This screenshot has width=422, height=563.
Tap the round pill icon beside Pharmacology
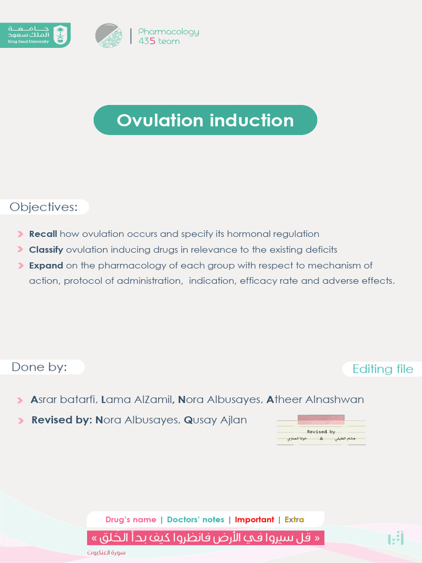click(x=109, y=36)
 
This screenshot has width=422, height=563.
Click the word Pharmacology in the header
click(x=169, y=32)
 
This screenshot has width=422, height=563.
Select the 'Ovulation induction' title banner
click(x=205, y=120)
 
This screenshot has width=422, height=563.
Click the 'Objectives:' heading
click(x=44, y=207)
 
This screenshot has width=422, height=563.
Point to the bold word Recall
click(x=43, y=234)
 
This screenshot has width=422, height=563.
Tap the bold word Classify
click(x=46, y=250)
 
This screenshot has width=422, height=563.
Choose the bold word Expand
click(x=46, y=266)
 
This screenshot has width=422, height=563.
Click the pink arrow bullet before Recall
click(x=20, y=234)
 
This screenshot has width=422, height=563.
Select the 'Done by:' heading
click(x=40, y=367)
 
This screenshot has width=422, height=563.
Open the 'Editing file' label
click(x=382, y=369)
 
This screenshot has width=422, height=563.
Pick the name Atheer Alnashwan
click(x=315, y=400)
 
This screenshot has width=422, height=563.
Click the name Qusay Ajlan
click(x=215, y=420)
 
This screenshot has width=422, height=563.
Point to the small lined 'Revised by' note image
click(x=321, y=430)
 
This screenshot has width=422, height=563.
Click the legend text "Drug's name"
click(x=131, y=520)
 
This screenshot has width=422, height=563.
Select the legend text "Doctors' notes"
click(x=196, y=520)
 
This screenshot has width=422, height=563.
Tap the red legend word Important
click(x=254, y=520)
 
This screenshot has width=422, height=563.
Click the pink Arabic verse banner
click(x=206, y=537)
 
